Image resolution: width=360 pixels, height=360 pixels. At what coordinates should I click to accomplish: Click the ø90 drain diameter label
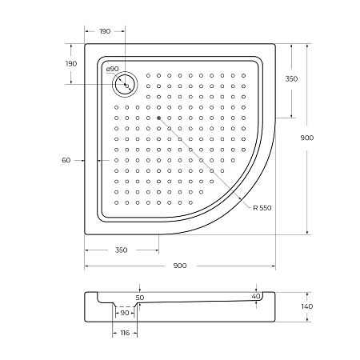coord(112,70)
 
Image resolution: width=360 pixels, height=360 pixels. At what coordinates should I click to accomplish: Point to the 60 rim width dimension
coord(66,160)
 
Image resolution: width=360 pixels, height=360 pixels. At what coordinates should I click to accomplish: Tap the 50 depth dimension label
coord(139,297)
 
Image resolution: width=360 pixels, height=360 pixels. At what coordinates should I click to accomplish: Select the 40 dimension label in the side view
coord(256,297)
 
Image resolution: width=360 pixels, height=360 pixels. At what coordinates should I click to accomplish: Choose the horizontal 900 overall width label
coord(180,265)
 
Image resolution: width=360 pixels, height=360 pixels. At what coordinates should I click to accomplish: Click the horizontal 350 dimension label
coord(121,250)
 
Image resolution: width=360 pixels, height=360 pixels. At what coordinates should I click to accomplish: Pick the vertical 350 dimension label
coord(292,79)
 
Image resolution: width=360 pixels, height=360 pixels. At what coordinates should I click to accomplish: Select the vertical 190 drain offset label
coord(71,64)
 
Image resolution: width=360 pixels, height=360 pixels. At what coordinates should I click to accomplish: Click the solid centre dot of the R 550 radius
coord(159,118)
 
